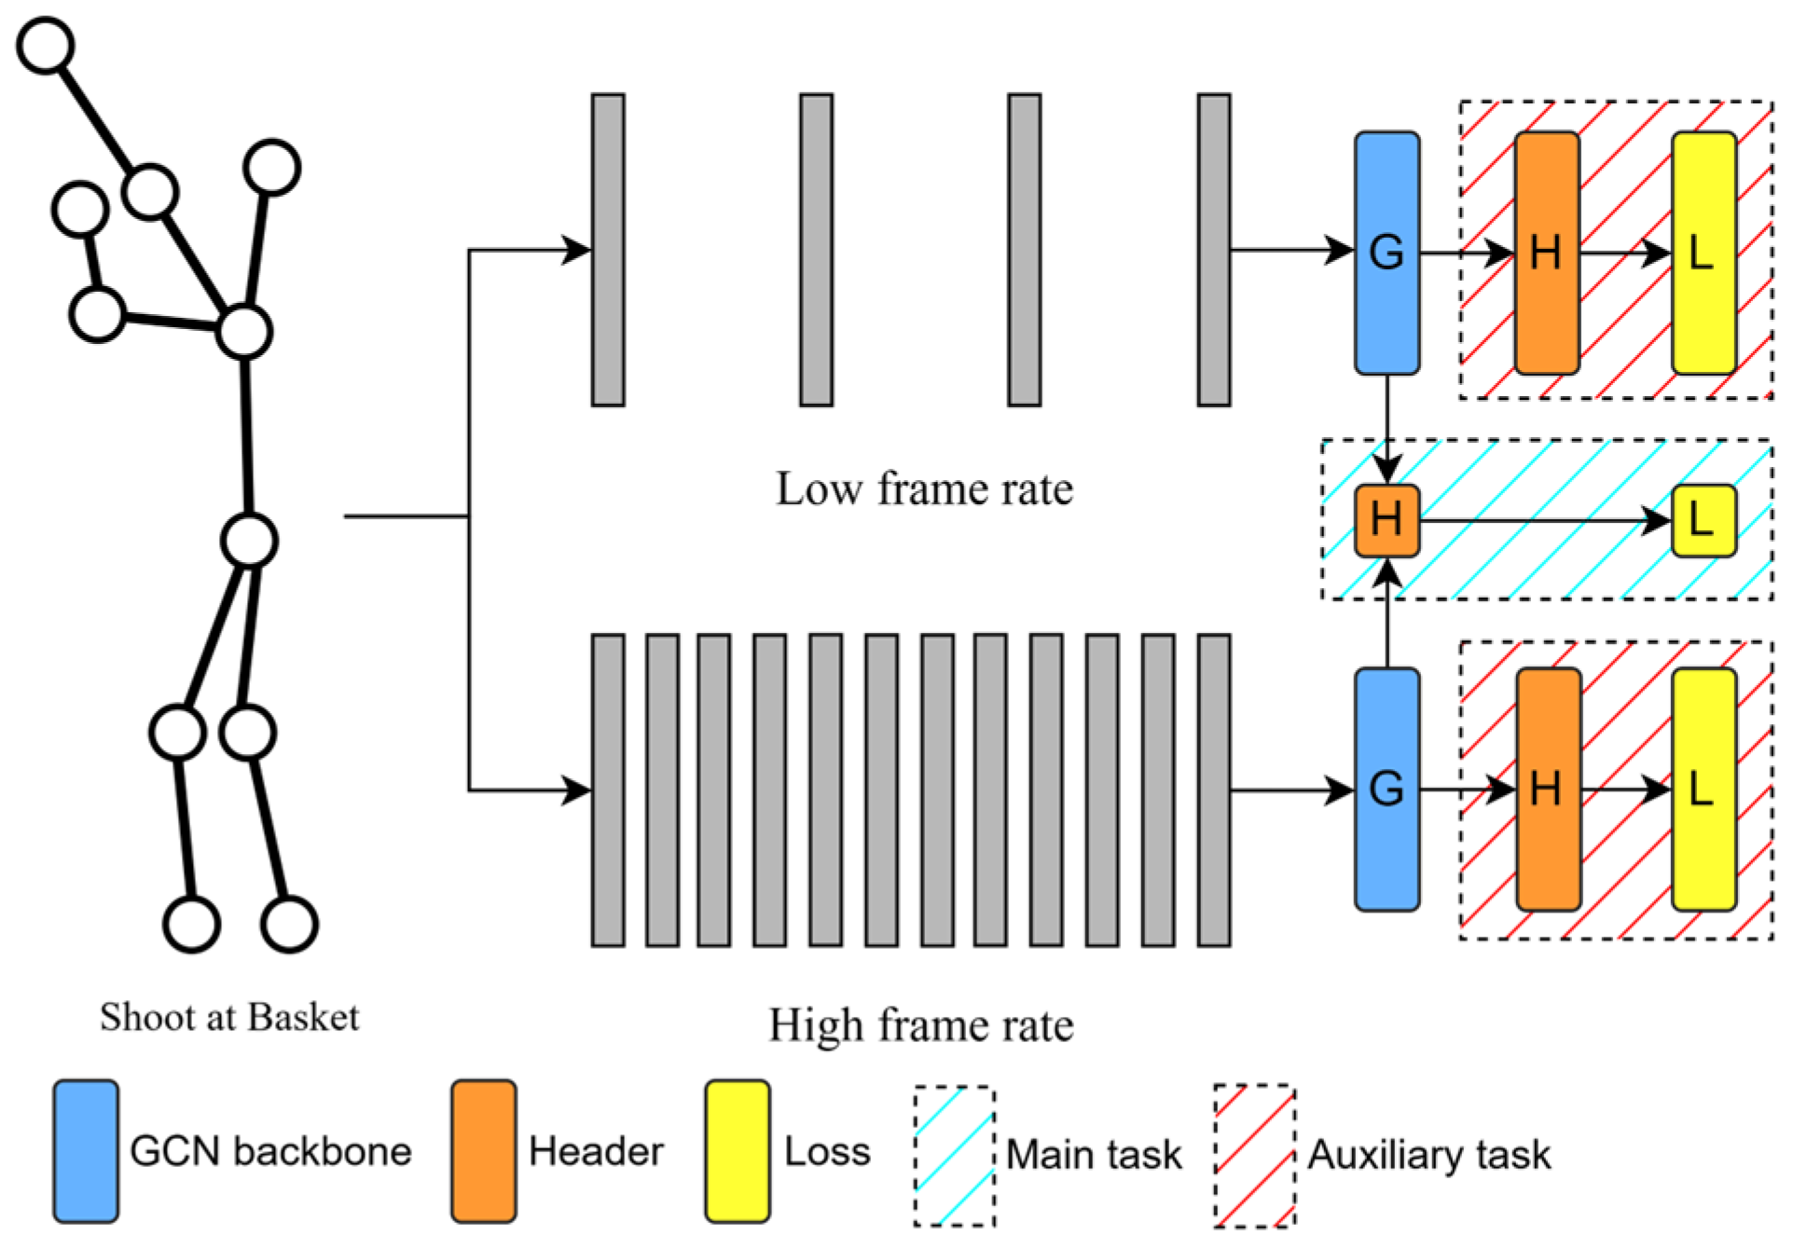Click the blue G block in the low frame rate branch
tap(1386, 253)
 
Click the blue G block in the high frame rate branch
tap(1386, 789)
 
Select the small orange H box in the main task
tap(1386, 520)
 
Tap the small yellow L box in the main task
tap(1703, 520)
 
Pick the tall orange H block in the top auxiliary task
tap(1546, 253)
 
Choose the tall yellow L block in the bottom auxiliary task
tap(1703, 789)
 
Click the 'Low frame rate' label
tap(924, 489)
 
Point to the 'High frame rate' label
tap(920, 1025)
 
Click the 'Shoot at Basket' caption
tap(229, 1017)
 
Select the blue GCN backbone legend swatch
tap(86, 1151)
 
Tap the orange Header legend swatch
tap(483, 1151)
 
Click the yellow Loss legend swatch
tap(737, 1151)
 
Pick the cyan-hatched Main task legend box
tap(954, 1156)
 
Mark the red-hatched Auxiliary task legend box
tap(1254, 1156)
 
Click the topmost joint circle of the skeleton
tap(46, 45)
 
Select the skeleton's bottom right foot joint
tap(289, 924)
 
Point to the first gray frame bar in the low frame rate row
tap(608, 250)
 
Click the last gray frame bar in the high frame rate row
tap(1213, 790)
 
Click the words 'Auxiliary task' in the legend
tap(1428, 1155)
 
